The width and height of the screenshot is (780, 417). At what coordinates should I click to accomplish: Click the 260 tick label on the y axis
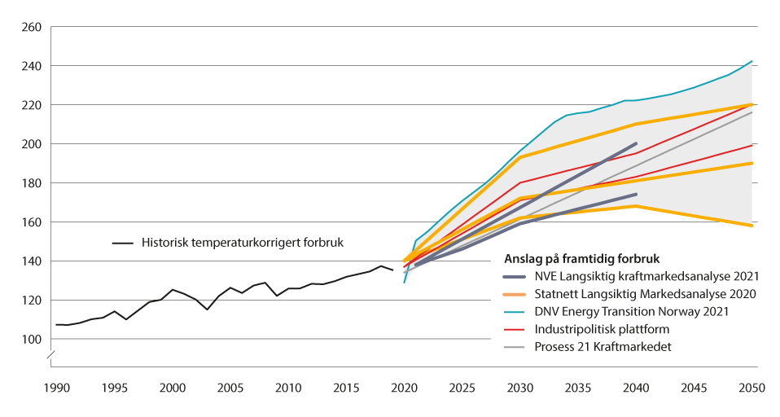click(x=31, y=27)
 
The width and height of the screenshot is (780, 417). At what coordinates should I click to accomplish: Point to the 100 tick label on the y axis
click(x=31, y=340)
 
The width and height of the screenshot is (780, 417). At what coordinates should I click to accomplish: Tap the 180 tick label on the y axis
click(x=31, y=183)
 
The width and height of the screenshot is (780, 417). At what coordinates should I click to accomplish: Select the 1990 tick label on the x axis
click(x=55, y=388)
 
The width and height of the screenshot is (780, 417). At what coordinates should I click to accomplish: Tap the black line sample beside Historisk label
click(x=122, y=243)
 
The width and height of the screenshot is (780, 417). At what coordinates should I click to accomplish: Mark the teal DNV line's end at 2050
click(x=752, y=61)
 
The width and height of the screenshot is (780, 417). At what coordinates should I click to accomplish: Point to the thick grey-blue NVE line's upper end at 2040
click(x=636, y=143)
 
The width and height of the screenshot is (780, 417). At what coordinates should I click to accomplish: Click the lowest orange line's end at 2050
click(x=752, y=226)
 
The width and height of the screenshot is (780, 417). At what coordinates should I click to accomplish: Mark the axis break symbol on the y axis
click(x=50, y=355)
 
